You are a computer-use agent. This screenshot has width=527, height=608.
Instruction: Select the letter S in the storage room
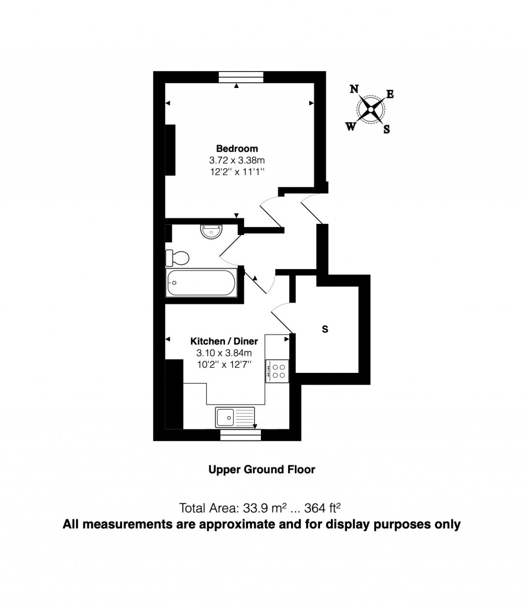(325, 329)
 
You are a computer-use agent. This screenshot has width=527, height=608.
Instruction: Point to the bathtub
(201, 282)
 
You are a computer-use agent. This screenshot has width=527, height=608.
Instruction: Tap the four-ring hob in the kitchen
(278, 371)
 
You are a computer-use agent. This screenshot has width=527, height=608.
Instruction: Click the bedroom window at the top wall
(241, 77)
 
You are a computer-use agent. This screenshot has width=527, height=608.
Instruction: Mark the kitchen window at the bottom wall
(241, 435)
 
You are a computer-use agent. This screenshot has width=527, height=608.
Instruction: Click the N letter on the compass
(354, 89)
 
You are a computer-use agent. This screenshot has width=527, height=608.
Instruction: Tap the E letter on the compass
(390, 94)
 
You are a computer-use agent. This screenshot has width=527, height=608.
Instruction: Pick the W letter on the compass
(350, 127)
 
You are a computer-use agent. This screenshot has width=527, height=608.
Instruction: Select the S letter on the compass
(387, 130)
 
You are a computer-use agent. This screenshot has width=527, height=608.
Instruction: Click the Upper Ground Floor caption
(261, 469)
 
